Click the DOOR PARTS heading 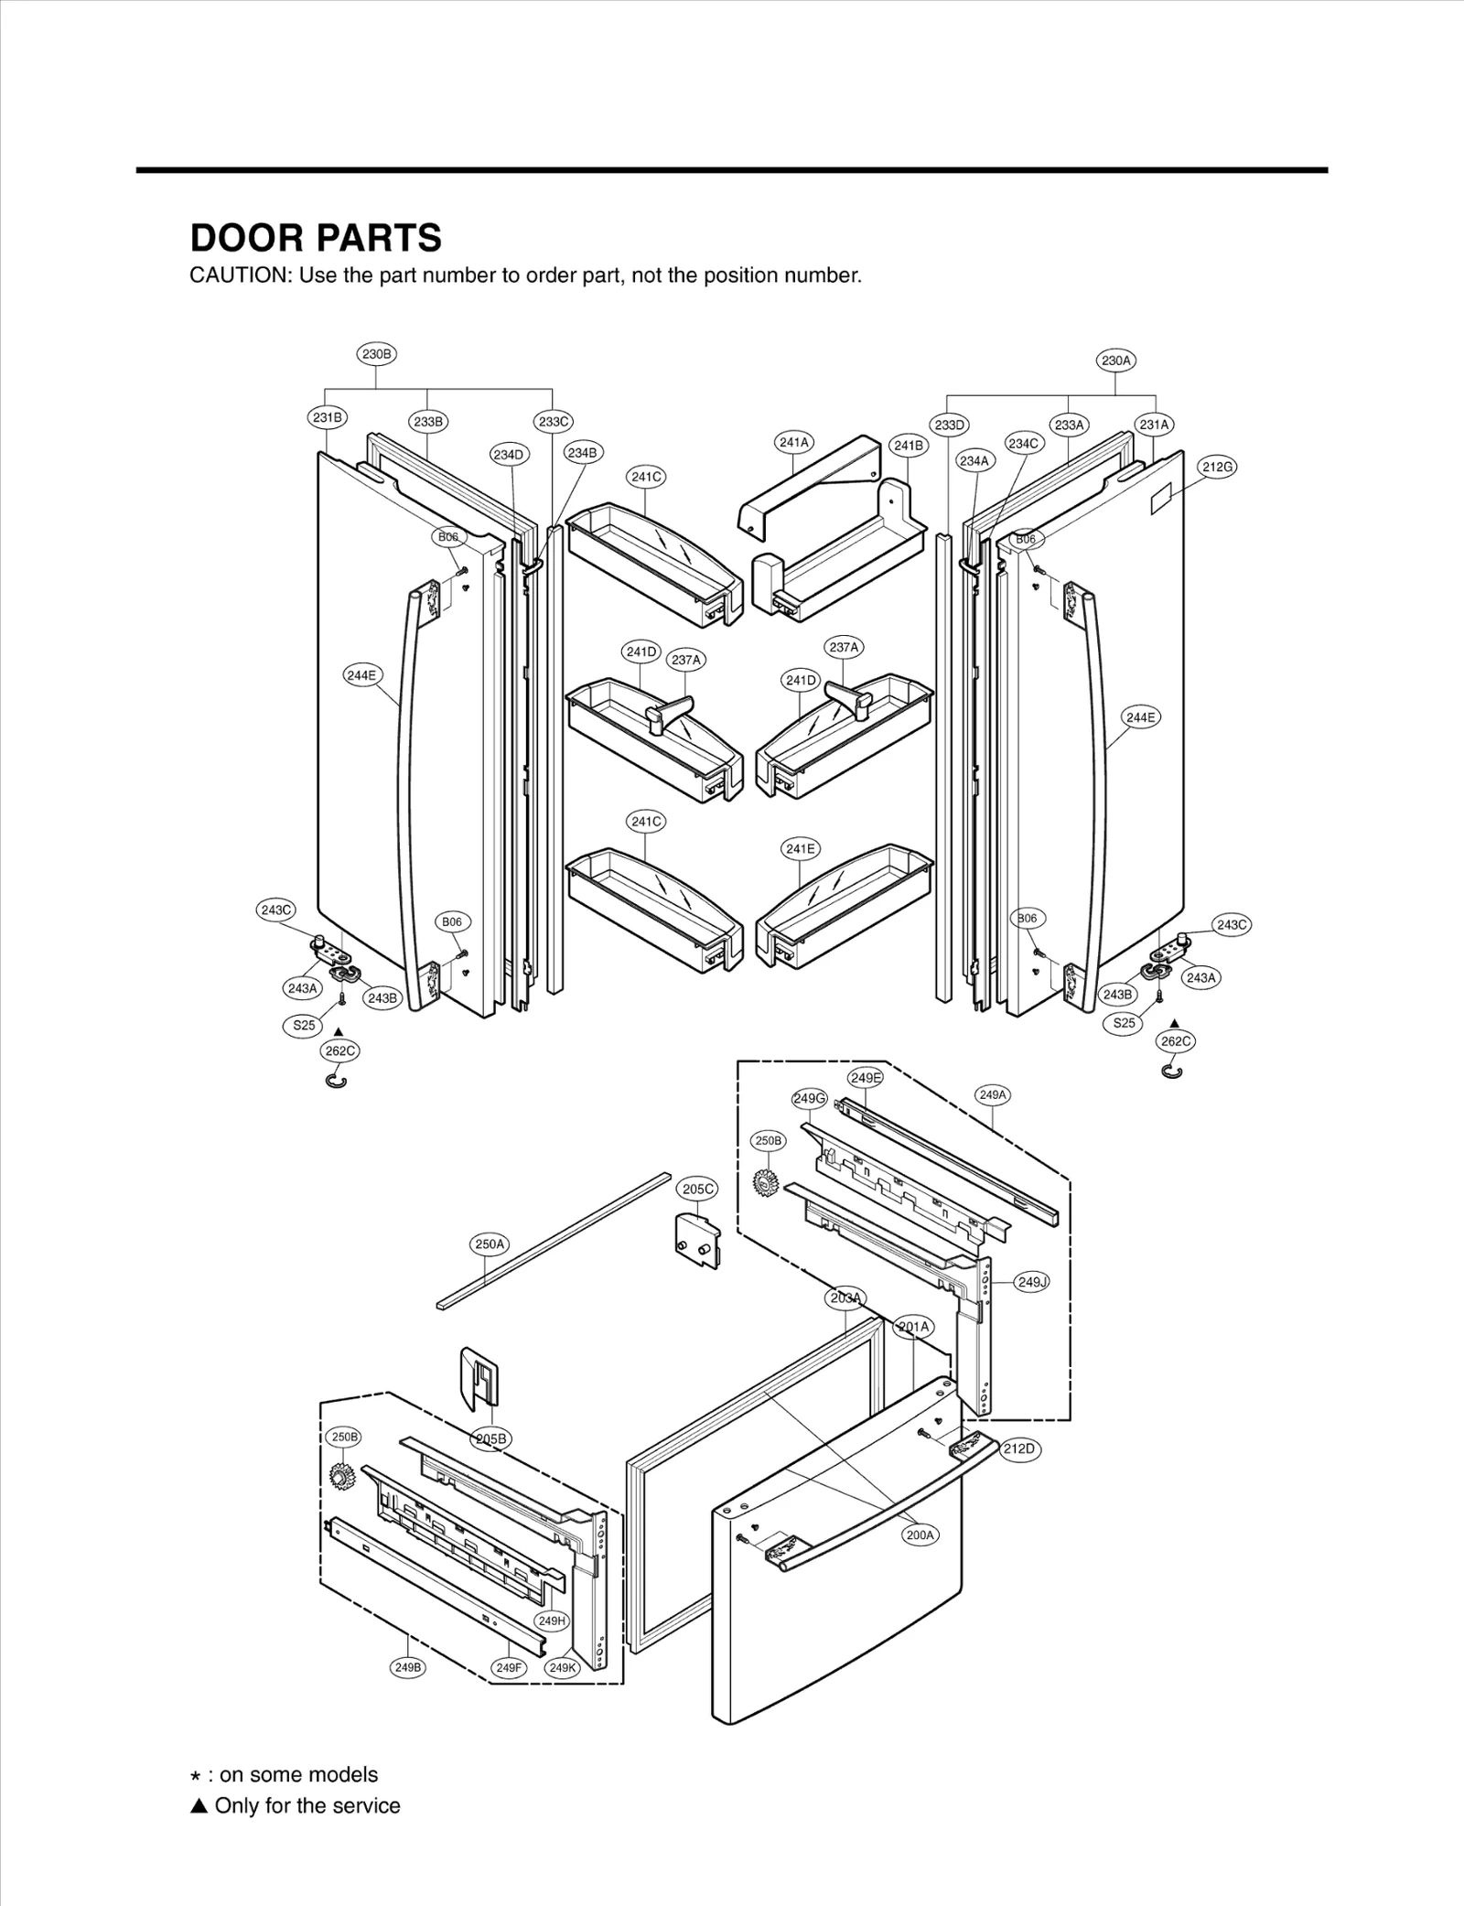click(316, 238)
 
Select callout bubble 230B click(376, 354)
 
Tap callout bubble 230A click(1115, 361)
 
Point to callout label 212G click(1218, 467)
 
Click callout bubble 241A click(793, 443)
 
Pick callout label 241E click(801, 849)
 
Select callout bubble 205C click(698, 1189)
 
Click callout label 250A click(490, 1244)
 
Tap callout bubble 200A click(920, 1535)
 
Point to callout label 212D click(1018, 1448)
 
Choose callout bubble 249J click(1032, 1282)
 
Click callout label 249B click(408, 1667)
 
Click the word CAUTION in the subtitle click(239, 275)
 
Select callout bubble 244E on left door click(362, 675)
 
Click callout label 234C click(1024, 444)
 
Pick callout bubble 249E click(865, 1078)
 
